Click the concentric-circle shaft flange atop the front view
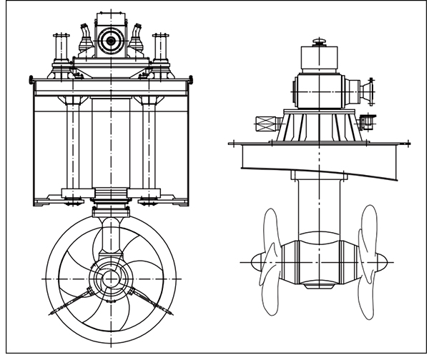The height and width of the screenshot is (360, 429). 111,41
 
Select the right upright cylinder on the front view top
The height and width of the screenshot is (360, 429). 161,49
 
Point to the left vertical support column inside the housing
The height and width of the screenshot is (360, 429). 72,143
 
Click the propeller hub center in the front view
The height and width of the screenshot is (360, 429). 110,278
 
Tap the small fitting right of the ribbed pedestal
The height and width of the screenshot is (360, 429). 368,121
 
